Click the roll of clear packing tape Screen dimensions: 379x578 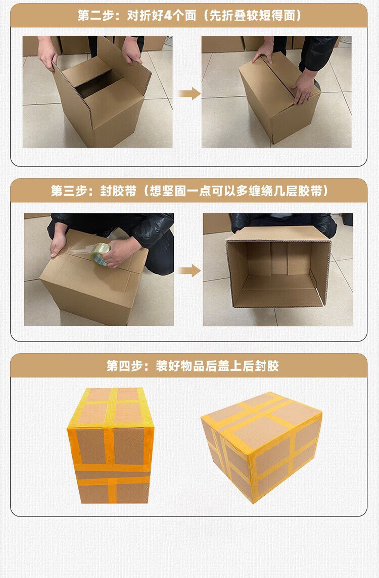click(x=100, y=254)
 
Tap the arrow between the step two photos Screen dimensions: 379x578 click(x=189, y=94)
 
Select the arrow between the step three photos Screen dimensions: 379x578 click(x=189, y=271)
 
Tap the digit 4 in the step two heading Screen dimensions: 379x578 click(x=167, y=16)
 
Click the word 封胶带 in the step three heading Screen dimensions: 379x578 click(x=118, y=191)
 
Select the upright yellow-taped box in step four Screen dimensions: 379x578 click(x=111, y=445)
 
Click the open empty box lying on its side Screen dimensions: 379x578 click(x=278, y=267)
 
